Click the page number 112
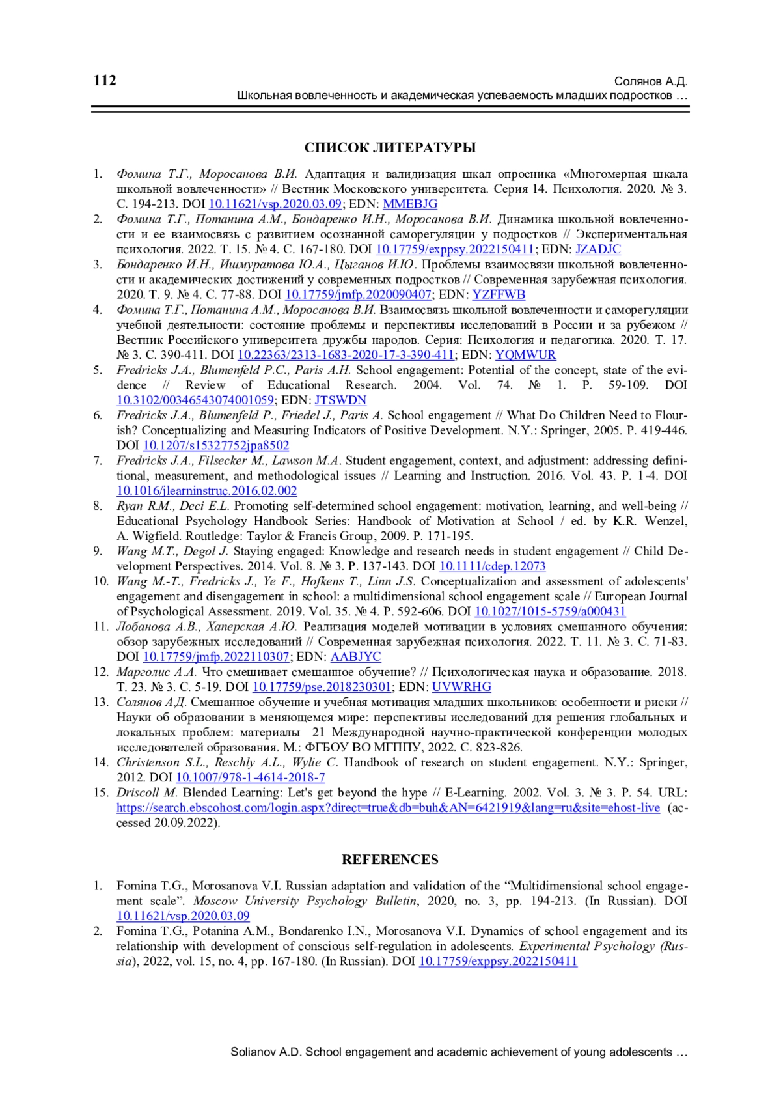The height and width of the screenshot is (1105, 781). pos(105,81)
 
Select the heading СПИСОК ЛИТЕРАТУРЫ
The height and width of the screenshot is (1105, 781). pos(390,148)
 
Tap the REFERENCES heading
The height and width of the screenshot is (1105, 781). pos(390,860)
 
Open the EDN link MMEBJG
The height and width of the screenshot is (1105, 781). pos(410,204)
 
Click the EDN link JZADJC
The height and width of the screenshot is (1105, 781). pos(598,249)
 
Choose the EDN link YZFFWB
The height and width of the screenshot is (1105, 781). pos(499,294)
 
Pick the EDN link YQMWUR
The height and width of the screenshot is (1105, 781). pos(525,355)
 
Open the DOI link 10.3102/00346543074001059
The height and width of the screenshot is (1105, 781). pos(195,400)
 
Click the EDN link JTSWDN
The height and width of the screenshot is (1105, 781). pos(340,400)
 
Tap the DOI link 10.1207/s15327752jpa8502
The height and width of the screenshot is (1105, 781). pos(216,445)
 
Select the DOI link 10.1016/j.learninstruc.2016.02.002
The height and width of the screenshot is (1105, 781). pos(207,491)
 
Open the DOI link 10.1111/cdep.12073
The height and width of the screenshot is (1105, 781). pos(492,566)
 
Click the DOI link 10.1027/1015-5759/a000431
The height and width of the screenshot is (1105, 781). pos(550,611)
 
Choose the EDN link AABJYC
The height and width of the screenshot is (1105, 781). pos(355,657)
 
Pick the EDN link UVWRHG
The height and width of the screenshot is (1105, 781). pos(461,687)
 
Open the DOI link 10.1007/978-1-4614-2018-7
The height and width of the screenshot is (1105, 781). pos(251,777)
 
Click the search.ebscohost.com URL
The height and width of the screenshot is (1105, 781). pos(388,808)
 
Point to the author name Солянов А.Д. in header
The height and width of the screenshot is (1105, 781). pos(651,81)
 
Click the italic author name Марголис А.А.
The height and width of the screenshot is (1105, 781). pos(156,672)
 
